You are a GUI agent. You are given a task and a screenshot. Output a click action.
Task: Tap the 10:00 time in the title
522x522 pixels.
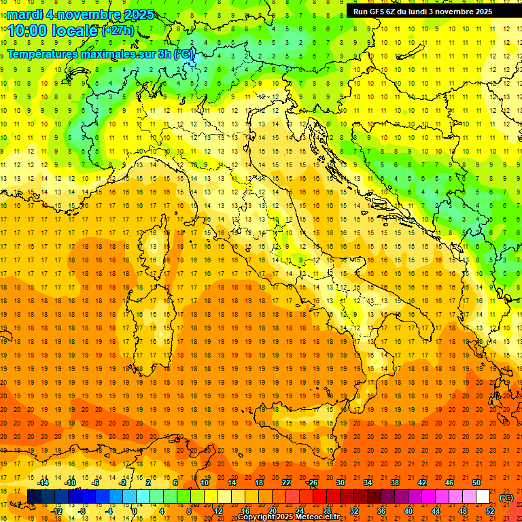coord(27,30)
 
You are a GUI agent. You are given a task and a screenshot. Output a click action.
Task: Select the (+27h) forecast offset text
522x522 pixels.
coord(118,30)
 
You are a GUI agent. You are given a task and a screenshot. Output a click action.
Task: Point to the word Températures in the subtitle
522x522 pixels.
coord(42,53)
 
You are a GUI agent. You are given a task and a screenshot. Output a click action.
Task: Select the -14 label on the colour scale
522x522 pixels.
coord(43,483)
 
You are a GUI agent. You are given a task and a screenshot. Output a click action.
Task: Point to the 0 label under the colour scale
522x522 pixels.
coord(134,511)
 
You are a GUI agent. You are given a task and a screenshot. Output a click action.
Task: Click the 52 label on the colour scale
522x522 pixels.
coord(490,511)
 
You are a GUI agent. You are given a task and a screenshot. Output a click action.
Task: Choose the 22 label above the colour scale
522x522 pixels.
coord(286,483)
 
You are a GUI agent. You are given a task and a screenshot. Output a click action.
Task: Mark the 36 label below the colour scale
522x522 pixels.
coord(381,511)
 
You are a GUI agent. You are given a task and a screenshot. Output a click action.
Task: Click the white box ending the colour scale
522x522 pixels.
coord(483,497)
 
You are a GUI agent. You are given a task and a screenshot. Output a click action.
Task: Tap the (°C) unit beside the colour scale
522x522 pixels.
coord(506,498)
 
